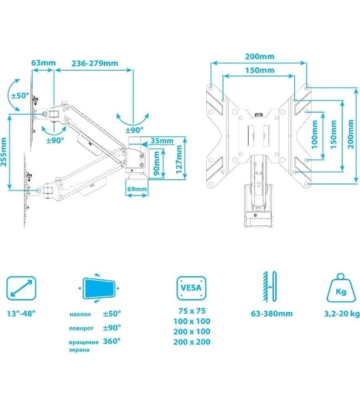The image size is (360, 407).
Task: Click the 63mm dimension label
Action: coord(43,63)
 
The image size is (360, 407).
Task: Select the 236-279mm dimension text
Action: coord(95,63)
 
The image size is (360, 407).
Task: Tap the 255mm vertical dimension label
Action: coord(3,152)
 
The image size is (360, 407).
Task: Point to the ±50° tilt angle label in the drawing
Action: coord(20,96)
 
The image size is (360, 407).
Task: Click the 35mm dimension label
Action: coord(162,140)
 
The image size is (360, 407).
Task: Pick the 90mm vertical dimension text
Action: coord(157,163)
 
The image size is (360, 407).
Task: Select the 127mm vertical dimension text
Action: coord(179,159)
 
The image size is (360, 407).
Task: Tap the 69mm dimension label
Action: coord(137,189)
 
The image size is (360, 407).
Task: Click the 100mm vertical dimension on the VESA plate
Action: coord(315,134)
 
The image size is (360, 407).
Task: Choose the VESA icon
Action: coord(191,288)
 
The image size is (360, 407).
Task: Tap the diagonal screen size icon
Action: coord(21,288)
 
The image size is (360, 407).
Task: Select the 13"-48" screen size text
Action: coord(21,313)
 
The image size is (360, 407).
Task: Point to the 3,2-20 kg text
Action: coord(342,313)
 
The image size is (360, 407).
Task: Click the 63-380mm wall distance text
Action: coord(272,313)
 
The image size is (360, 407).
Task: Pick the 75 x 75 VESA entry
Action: coord(192,311)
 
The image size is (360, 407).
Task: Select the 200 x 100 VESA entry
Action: coord(192,332)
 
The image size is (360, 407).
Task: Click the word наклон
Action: coord(80,314)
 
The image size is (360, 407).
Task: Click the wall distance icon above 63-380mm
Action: coord(270,286)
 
